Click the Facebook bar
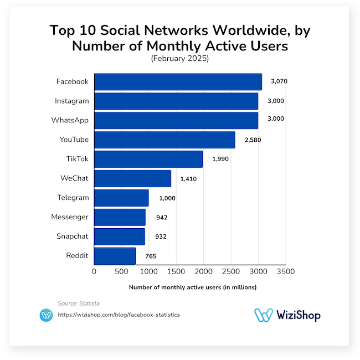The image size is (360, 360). pos(178,81)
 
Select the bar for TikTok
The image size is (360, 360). pos(148,160)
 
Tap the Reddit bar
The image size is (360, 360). pos(115,256)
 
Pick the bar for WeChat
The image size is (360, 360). pos(132,178)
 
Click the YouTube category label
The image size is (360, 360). pos(74,140)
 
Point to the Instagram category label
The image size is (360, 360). pos(71,101)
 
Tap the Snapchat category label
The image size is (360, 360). pos(72,236)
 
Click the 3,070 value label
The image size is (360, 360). pos(279,81)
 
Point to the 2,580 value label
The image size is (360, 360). pos(252,140)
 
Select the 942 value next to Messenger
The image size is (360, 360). pos(162,217)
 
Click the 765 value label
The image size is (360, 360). pos(151,256)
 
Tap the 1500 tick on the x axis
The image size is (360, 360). pos(176,271)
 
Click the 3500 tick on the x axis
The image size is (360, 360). pos(285,271)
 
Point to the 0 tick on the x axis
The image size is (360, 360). pos(94,271)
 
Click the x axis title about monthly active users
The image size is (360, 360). pos(193,287)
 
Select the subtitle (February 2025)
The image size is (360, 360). pos(180,58)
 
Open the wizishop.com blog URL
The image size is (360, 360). pos(119,315)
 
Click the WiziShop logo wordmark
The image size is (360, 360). pos(296,315)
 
